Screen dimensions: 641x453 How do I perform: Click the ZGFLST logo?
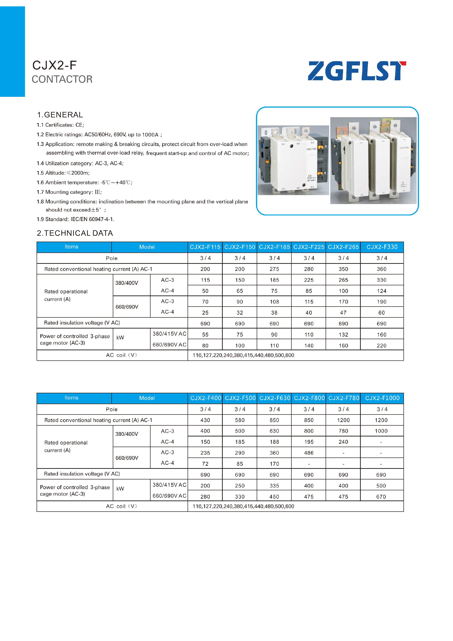(357, 71)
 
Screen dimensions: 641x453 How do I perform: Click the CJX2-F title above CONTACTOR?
(55, 65)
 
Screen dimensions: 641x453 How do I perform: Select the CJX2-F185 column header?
(274, 247)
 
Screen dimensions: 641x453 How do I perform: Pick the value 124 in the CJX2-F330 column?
(381, 291)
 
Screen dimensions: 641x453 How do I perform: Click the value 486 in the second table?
(309, 453)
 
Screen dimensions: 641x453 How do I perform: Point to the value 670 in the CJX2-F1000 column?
(381, 497)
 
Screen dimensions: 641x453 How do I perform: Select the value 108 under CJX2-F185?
(274, 302)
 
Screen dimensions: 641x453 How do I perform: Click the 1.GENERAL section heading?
(60, 115)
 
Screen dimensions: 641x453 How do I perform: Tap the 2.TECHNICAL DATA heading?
(75, 233)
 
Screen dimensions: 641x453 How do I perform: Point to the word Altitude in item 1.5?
(55, 173)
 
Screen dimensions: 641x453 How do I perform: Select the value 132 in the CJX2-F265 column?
(343, 335)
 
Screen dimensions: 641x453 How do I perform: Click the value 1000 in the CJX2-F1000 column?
(381, 431)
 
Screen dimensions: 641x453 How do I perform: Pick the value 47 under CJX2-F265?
(343, 313)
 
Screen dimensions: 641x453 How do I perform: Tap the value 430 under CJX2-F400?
(205, 420)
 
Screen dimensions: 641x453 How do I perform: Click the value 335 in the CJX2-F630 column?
(274, 486)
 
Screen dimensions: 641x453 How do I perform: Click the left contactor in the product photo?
(293, 161)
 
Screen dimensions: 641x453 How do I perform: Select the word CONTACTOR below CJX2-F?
(62, 79)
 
